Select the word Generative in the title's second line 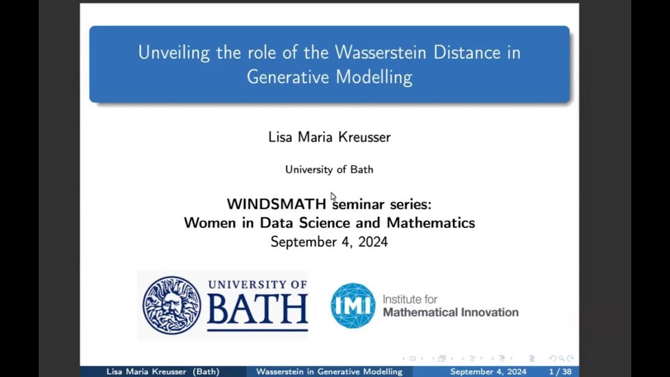pos(288,77)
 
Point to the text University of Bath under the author pos(329,170)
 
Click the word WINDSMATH pos(276,204)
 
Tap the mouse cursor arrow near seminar pos(333,196)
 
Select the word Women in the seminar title pos(210,223)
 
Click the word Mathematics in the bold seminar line pos(431,223)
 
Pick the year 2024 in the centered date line pos(373,242)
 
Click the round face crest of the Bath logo pos(172,305)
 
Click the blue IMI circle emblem pos(353,306)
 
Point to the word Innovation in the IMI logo pos(486,313)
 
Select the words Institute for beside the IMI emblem pos(410,300)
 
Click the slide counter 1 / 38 pos(560,372)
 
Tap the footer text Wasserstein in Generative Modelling pos(329,372)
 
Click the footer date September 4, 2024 pos(488,372)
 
